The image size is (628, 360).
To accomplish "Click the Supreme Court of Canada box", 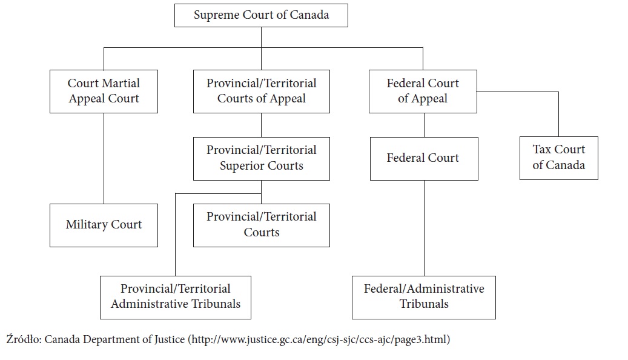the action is (x=261, y=16).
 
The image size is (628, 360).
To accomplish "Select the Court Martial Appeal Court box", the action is (x=104, y=92).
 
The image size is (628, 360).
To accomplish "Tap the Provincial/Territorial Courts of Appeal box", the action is (x=262, y=92).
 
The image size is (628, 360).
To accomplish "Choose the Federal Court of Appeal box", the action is (x=423, y=92).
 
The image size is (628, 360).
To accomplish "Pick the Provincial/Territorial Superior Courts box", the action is (x=262, y=159).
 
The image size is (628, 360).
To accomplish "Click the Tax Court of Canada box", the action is (x=559, y=158).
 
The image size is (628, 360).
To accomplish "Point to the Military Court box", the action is (x=104, y=225).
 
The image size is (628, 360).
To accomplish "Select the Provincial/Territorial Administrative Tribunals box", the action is (x=176, y=298).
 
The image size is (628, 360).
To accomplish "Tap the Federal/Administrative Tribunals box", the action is (x=424, y=298).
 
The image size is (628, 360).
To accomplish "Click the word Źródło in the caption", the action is (x=24, y=339).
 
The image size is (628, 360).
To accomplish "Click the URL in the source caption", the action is (x=319, y=339).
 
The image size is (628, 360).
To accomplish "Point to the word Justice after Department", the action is (x=169, y=339).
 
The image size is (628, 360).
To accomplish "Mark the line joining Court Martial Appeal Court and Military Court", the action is (x=104, y=158).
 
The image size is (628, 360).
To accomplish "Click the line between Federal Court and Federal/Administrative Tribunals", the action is (x=424, y=228).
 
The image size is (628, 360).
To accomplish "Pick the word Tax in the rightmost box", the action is (x=541, y=150).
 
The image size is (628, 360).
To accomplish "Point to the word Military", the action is (x=87, y=224).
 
